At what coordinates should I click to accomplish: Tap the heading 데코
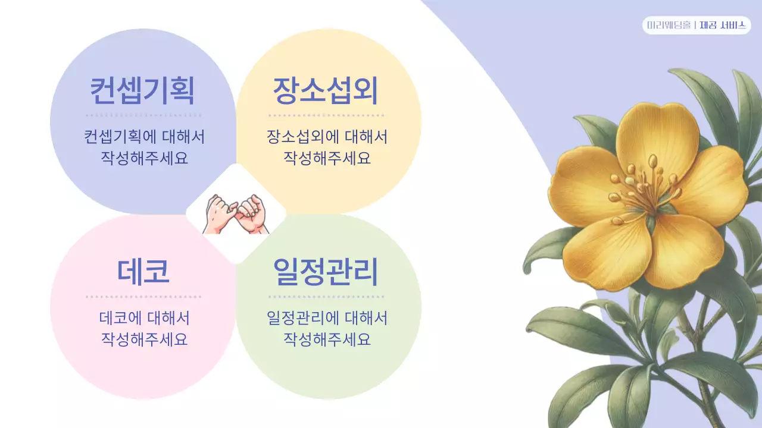coord(143,271)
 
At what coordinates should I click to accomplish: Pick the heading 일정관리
coord(326,271)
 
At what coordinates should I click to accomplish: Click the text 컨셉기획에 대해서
coord(144,137)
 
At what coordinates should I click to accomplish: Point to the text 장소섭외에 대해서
coord(327,137)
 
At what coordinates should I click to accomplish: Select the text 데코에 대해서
coord(144,318)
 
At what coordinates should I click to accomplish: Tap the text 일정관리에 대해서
coord(327,318)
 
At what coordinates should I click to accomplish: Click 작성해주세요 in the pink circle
coord(144,339)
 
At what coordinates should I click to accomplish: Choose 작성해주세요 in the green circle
coord(327,339)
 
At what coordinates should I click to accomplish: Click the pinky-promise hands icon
coord(236,214)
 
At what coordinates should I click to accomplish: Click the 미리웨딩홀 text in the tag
coord(669,26)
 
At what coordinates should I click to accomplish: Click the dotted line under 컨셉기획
coord(143,115)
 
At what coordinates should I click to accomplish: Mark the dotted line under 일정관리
coord(326,296)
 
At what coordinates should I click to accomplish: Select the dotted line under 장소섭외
coord(326,115)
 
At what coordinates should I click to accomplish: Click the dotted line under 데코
coord(143,296)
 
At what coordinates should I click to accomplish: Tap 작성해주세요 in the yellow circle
coord(327,159)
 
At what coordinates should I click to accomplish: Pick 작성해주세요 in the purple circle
coord(144,159)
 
